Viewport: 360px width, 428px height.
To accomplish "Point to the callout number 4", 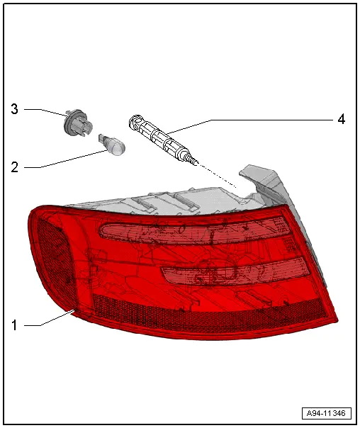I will (x=341, y=120).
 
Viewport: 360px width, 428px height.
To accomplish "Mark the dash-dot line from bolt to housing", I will (x=216, y=174).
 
